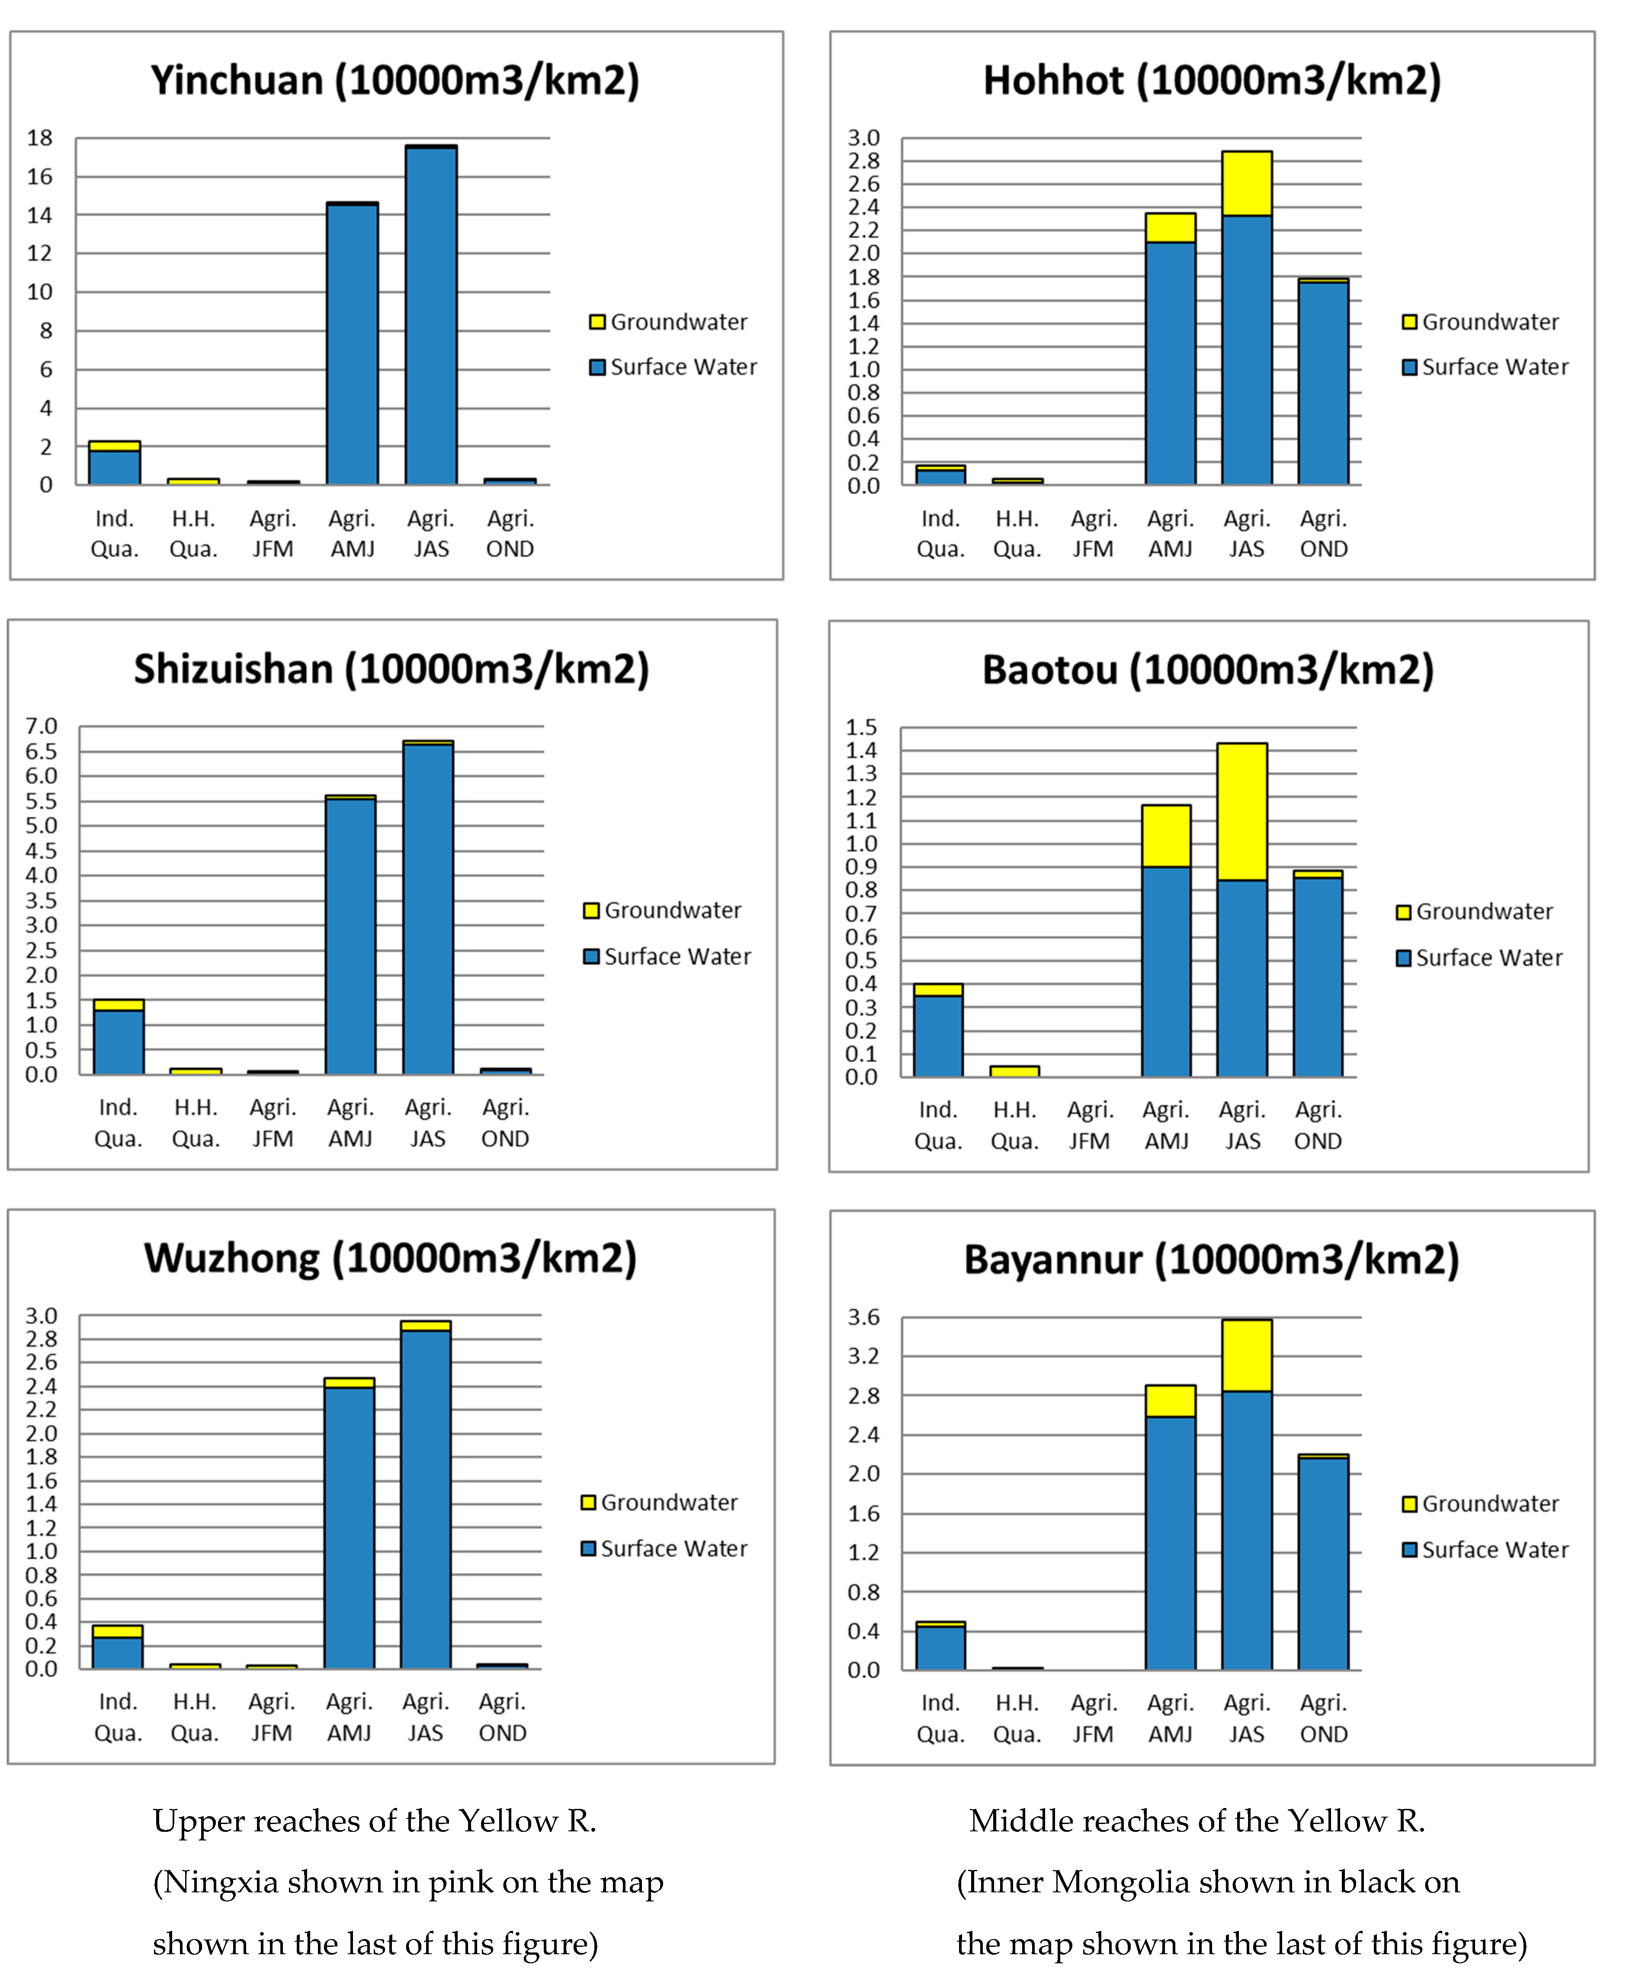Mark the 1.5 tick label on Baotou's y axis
tap(861, 727)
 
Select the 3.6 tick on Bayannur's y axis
tap(864, 1317)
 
